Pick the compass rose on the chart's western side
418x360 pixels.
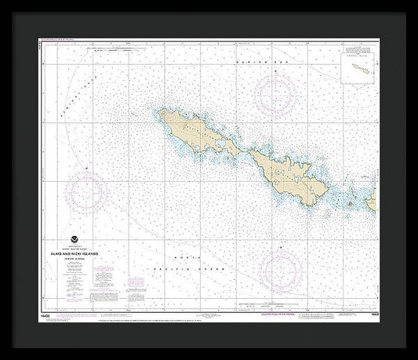pyautogui.click(x=85, y=191)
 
